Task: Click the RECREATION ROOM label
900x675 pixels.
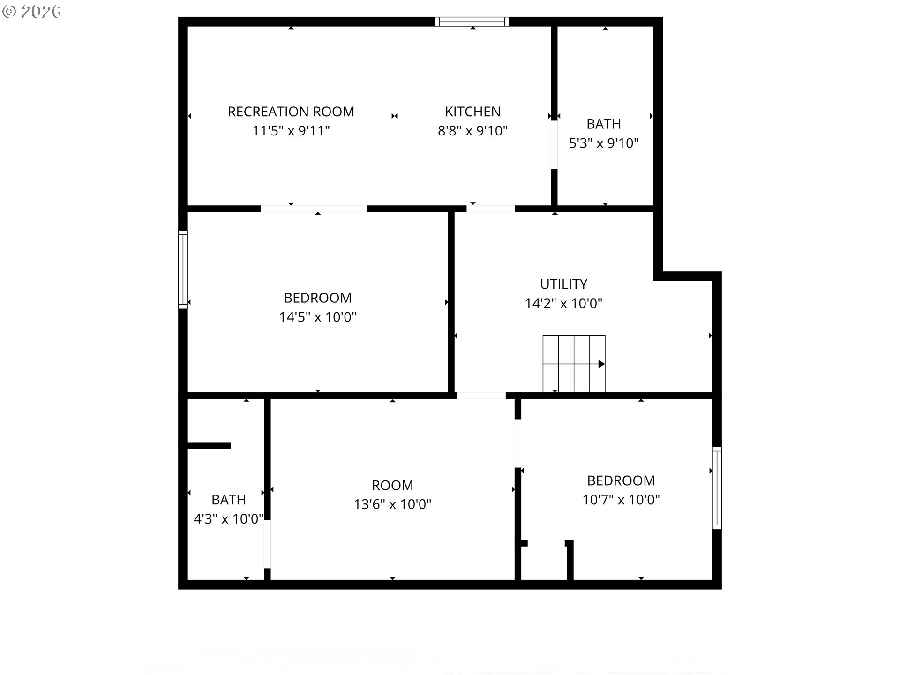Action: coord(291,112)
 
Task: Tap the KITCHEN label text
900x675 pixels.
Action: coord(472,112)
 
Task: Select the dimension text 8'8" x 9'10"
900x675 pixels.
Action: coord(472,131)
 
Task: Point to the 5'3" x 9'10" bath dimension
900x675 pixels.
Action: coord(604,143)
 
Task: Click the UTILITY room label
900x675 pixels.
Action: coord(563,284)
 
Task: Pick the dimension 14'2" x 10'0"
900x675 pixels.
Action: coord(563,303)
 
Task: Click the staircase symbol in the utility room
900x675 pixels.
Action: coord(574,364)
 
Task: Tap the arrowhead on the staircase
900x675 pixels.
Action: coord(602,364)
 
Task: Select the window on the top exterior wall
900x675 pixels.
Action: coord(472,22)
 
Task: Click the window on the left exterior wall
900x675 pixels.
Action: coord(183,270)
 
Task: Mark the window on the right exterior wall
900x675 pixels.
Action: coord(717,488)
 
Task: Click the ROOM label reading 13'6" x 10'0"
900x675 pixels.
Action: coord(392,485)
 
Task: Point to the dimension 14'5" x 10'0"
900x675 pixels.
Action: coord(318,317)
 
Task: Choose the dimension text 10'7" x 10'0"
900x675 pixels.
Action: coord(621,500)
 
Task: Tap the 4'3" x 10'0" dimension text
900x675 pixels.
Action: coord(229,519)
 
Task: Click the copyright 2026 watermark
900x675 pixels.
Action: coord(31,11)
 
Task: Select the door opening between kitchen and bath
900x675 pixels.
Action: coord(554,145)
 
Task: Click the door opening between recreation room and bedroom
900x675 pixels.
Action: coord(314,209)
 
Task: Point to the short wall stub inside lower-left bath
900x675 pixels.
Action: coord(209,446)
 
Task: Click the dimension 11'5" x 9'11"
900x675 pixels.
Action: coord(291,131)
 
